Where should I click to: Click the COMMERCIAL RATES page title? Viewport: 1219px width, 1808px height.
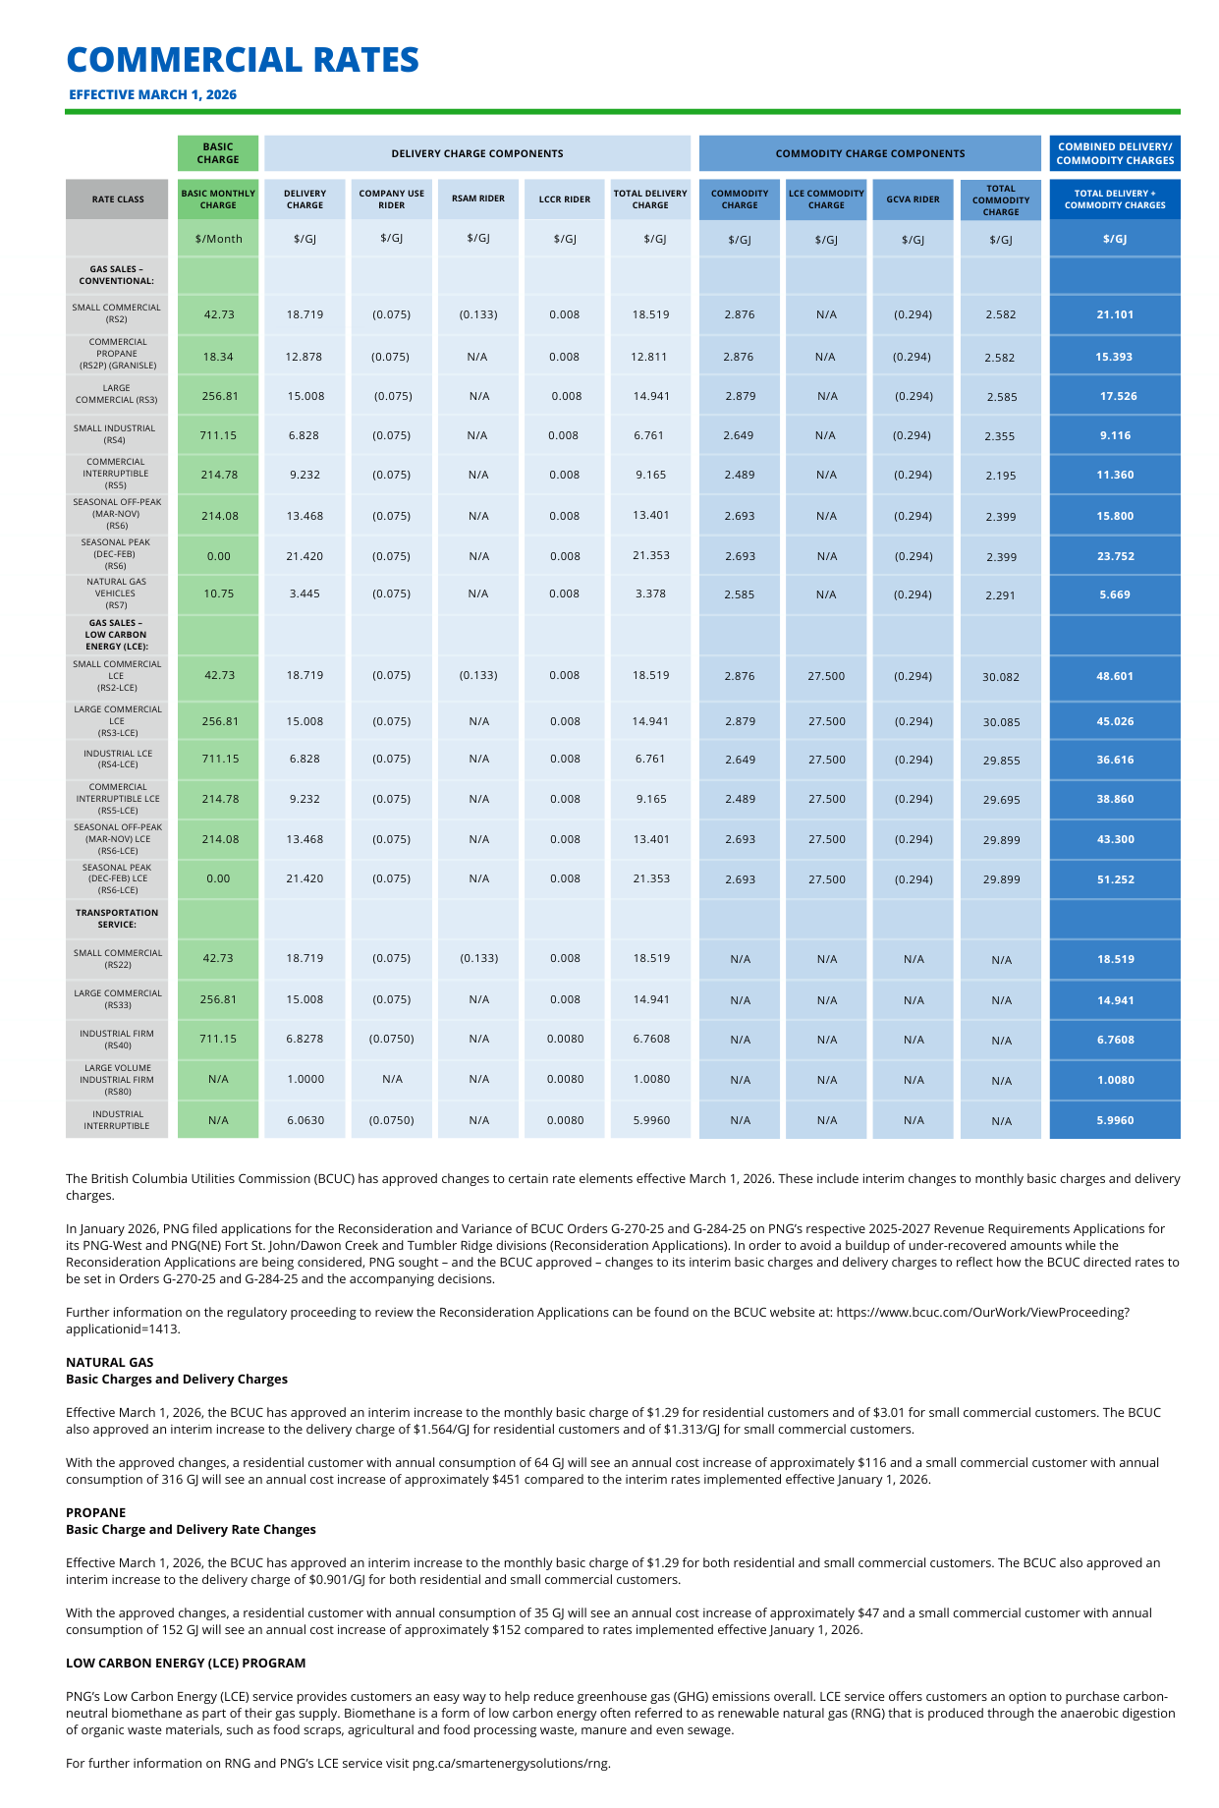click(x=243, y=60)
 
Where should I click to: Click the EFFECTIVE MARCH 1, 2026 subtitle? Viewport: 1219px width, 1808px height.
click(x=152, y=95)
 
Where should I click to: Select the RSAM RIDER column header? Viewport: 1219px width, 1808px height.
click(x=478, y=198)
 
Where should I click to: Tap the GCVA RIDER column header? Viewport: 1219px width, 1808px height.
click(x=913, y=199)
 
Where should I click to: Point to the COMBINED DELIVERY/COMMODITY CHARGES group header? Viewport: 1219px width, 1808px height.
click(x=1115, y=153)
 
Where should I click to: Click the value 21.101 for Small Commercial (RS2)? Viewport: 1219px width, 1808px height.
click(x=1115, y=314)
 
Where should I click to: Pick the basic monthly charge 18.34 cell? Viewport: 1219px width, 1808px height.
click(x=218, y=357)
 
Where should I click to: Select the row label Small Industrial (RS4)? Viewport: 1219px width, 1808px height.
click(x=116, y=434)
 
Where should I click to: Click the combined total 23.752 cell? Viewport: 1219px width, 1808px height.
click(x=1115, y=556)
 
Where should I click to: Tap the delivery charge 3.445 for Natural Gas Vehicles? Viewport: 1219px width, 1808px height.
click(x=305, y=593)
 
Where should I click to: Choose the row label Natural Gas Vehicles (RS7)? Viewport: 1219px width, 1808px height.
click(x=116, y=593)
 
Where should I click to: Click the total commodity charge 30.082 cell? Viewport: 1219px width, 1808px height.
click(x=1001, y=677)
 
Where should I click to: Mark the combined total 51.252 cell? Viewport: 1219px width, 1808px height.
click(x=1115, y=879)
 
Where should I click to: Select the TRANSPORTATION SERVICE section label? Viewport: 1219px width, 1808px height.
click(x=116, y=919)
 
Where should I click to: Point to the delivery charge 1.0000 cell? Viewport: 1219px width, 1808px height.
click(x=305, y=1079)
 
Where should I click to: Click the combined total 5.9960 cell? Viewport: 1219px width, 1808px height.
click(x=1115, y=1120)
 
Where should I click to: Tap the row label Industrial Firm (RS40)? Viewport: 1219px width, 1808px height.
click(x=116, y=1039)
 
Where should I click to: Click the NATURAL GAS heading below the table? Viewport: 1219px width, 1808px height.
click(x=110, y=1362)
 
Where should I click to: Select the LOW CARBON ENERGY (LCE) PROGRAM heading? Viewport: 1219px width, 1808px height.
click(x=186, y=1664)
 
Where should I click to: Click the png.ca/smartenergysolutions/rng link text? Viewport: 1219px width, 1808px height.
click(x=511, y=1763)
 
